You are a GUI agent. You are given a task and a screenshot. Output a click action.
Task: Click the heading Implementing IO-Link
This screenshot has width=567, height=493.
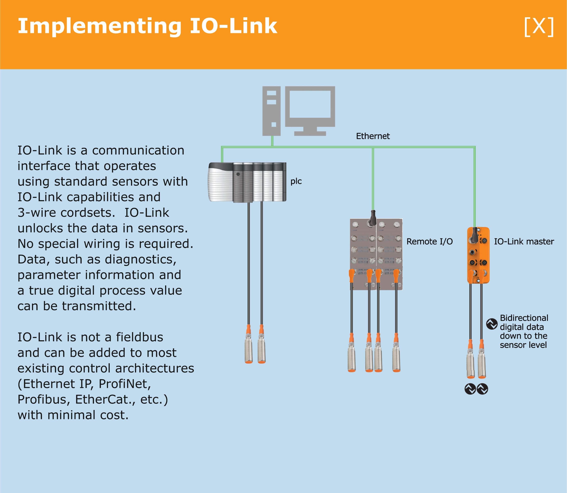(147, 26)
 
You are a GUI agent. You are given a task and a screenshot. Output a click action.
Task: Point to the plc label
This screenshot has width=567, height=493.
(296, 181)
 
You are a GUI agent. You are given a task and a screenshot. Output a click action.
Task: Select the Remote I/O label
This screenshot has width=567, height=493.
(429, 242)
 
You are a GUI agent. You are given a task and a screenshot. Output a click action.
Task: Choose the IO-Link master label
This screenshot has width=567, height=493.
(524, 242)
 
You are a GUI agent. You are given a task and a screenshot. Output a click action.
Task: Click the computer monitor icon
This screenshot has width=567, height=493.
(310, 110)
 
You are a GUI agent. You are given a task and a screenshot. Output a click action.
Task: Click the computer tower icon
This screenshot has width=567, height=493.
(271, 111)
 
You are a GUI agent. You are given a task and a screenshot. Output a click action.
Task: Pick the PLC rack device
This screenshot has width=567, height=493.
(247, 182)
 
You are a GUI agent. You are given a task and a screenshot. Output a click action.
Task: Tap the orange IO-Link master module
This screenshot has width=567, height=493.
(478, 255)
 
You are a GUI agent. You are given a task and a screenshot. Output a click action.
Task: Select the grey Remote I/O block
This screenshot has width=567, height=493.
(376, 254)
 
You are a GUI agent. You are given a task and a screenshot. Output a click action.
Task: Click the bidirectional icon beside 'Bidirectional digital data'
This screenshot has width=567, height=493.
(492, 324)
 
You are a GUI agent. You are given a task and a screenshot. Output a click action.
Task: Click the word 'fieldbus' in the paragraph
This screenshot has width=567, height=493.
(140, 337)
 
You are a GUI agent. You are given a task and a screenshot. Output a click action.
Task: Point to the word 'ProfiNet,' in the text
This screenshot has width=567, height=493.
(125, 384)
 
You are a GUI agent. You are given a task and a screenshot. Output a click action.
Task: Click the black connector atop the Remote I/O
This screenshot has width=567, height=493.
(373, 218)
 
